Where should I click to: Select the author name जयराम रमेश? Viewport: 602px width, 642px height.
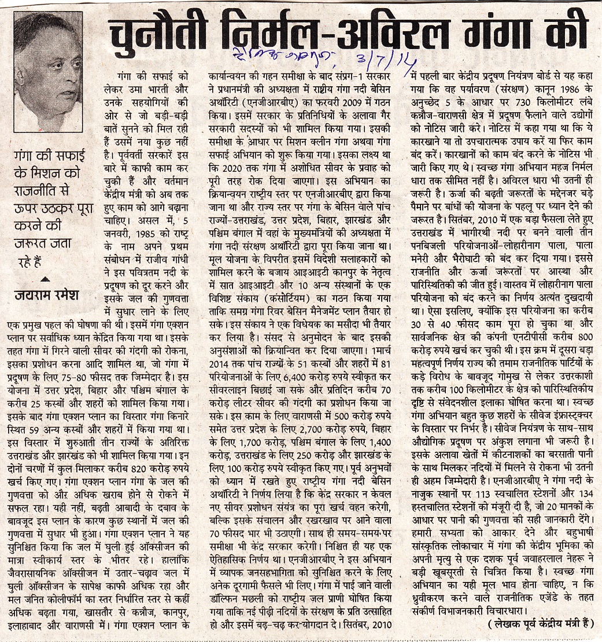pyautogui.click(x=46, y=295)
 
